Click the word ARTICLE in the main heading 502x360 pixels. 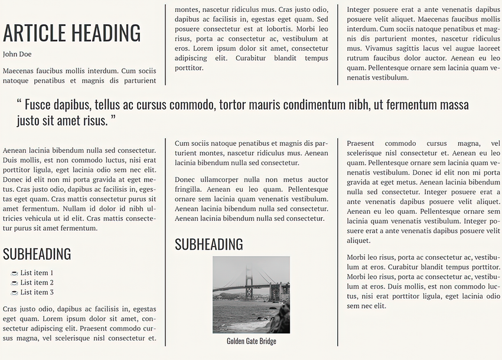pos(36,34)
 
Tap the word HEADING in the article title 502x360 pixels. pos(106,34)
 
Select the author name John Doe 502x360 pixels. pos(17,54)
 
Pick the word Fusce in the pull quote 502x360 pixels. pos(40,105)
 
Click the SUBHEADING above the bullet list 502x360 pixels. pos(37,254)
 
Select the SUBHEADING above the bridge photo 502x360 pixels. pos(208,244)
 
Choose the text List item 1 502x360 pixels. pos(37,273)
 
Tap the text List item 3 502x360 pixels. pos(37,292)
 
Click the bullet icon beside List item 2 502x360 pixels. pos(14,283)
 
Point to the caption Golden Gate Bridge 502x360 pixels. pos(251,341)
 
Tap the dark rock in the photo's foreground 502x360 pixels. pos(282,322)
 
